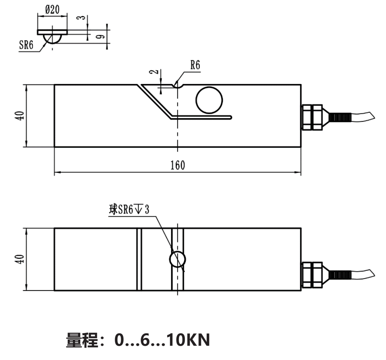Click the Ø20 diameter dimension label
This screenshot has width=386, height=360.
(x=53, y=10)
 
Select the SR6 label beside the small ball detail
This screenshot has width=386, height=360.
(x=27, y=45)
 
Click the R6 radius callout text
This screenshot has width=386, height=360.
(x=195, y=66)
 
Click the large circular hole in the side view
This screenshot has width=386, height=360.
(x=210, y=100)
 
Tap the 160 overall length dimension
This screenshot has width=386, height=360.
(x=177, y=165)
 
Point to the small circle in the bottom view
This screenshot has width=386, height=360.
(x=177, y=259)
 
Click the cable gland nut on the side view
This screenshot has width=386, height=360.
(x=312, y=117)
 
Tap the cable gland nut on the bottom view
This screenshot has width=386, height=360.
(x=312, y=275)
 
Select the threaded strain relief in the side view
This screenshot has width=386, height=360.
(x=339, y=117)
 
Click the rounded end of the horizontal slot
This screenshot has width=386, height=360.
(x=230, y=118)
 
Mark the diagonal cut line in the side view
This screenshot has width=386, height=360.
(x=154, y=100)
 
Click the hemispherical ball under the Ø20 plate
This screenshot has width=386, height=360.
(x=52, y=39)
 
